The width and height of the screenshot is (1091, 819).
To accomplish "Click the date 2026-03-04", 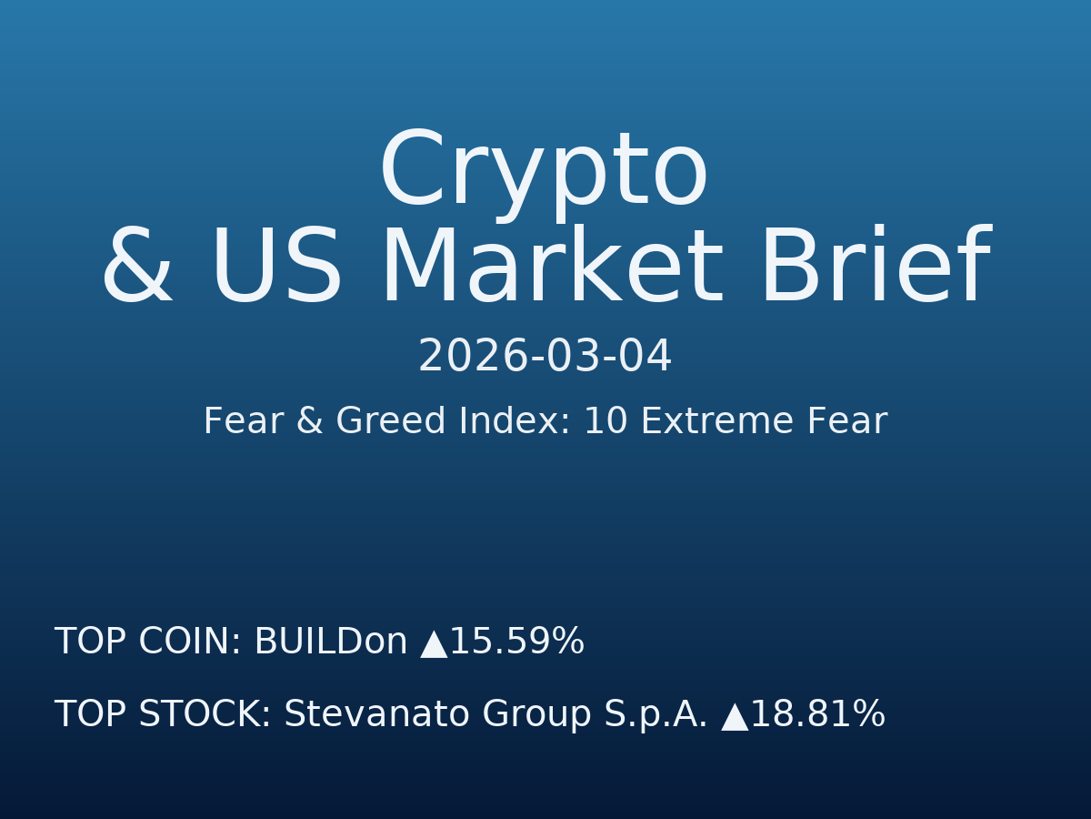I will click(545, 357).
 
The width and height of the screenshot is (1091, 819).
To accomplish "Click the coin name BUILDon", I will click(331, 642).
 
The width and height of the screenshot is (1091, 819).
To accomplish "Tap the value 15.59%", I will click(516, 642).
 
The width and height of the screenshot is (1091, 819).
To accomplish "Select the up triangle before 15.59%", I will click(434, 644).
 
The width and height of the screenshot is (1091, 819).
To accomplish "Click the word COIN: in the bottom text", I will click(189, 642).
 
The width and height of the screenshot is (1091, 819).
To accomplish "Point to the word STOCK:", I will click(205, 715).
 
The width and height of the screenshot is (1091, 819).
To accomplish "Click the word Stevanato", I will click(375, 715).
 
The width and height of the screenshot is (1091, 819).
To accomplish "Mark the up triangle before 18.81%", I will click(735, 717).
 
